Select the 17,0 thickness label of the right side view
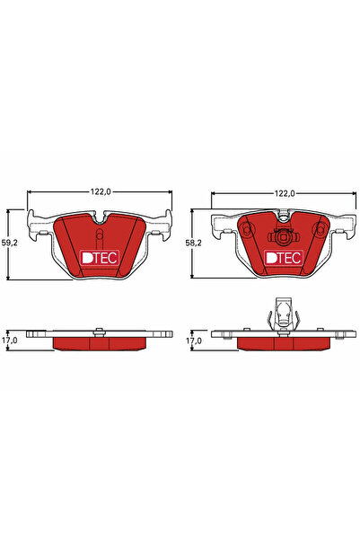point(193,341)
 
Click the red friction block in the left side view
point(100,342)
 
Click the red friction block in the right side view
point(284,342)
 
